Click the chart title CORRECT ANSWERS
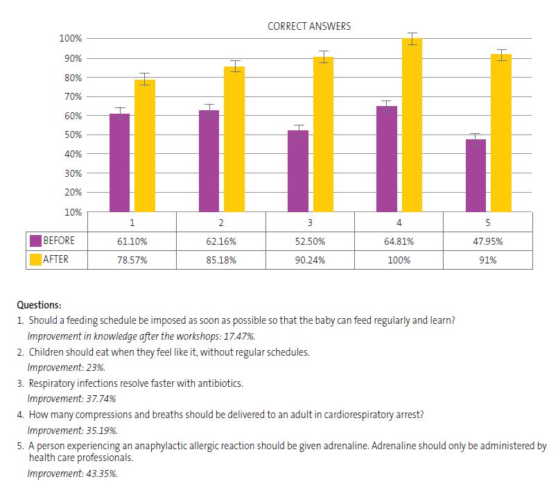(309, 26)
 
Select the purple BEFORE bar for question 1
(119, 163)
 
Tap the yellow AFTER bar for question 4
(412, 125)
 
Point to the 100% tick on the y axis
(71, 38)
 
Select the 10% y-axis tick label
(73, 211)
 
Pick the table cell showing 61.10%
(132, 241)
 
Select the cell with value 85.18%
(220, 261)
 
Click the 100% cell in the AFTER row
(399, 261)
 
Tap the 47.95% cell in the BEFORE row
(488, 241)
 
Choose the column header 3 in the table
(310, 223)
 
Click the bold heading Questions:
(39, 304)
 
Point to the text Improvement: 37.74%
(71, 399)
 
